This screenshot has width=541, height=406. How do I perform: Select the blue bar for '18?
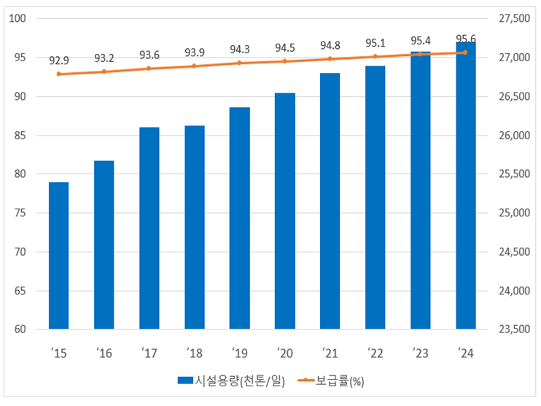(194, 227)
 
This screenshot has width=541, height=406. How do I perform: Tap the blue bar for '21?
(330, 200)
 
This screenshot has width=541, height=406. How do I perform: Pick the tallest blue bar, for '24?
(465, 185)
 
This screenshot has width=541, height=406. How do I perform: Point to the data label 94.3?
(240, 50)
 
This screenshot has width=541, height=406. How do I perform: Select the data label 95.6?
(466, 39)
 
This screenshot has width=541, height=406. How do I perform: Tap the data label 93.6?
(149, 55)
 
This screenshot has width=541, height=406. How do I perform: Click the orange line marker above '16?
(104, 71)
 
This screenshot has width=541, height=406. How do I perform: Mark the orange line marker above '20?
(284, 61)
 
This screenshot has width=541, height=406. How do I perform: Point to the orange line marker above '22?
(375, 56)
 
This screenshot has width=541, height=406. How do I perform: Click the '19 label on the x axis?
(239, 353)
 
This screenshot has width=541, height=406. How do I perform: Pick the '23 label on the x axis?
(420, 353)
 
